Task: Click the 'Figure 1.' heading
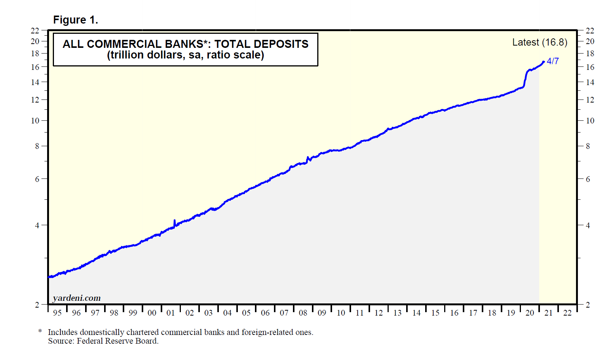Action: [76, 20]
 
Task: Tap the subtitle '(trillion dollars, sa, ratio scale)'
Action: [185, 55]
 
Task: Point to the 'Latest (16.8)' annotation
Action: [540, 42]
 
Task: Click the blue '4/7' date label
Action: [553, 61]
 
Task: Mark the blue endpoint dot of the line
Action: [543, 62]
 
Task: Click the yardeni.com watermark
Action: [77, 298]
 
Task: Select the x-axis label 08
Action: [303, 313]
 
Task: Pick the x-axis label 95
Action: [57, 313]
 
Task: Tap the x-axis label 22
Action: [567, 313]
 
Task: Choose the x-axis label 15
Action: [435, 313]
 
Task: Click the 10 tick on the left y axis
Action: [35, 121]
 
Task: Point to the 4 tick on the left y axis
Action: [37, 226]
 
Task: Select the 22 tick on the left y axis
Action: [35, 31]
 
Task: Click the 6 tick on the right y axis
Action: [588, 179]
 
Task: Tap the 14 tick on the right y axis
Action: [590, 82]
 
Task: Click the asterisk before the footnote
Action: [40, 332]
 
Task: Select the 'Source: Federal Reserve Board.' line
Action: [103, 341]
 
